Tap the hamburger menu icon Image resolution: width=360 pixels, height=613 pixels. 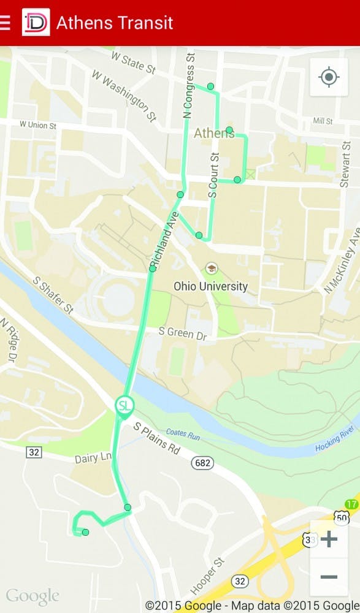coord(6,23)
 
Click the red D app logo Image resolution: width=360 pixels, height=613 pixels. coord(36,23)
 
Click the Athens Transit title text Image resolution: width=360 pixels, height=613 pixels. coord(115,23)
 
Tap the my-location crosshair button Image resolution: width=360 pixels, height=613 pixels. coord(329,77)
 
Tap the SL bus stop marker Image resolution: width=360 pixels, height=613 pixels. coord(124,406)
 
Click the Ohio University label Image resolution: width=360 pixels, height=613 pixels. coord(211,286)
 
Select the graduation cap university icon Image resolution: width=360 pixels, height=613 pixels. coord(212,268)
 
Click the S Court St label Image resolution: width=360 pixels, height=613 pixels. coord(213,174)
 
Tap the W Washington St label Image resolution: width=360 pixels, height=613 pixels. coord(124,95)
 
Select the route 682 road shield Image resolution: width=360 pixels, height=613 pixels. coord(202,463)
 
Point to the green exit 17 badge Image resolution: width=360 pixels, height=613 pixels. coord(351,504)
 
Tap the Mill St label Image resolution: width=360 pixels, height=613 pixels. coord(322,121)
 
